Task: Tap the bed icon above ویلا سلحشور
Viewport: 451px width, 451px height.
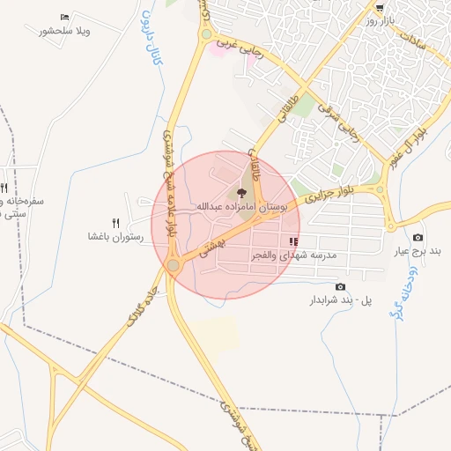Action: [64, 18]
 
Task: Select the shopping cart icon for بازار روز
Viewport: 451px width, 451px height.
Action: [380, 7]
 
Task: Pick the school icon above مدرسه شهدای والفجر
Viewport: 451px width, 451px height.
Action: [293, 241]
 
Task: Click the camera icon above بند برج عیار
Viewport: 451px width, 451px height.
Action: [418, 238]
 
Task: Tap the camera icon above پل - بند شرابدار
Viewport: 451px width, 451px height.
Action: [341, 287]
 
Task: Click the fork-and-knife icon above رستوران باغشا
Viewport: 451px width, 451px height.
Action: [115, 223]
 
